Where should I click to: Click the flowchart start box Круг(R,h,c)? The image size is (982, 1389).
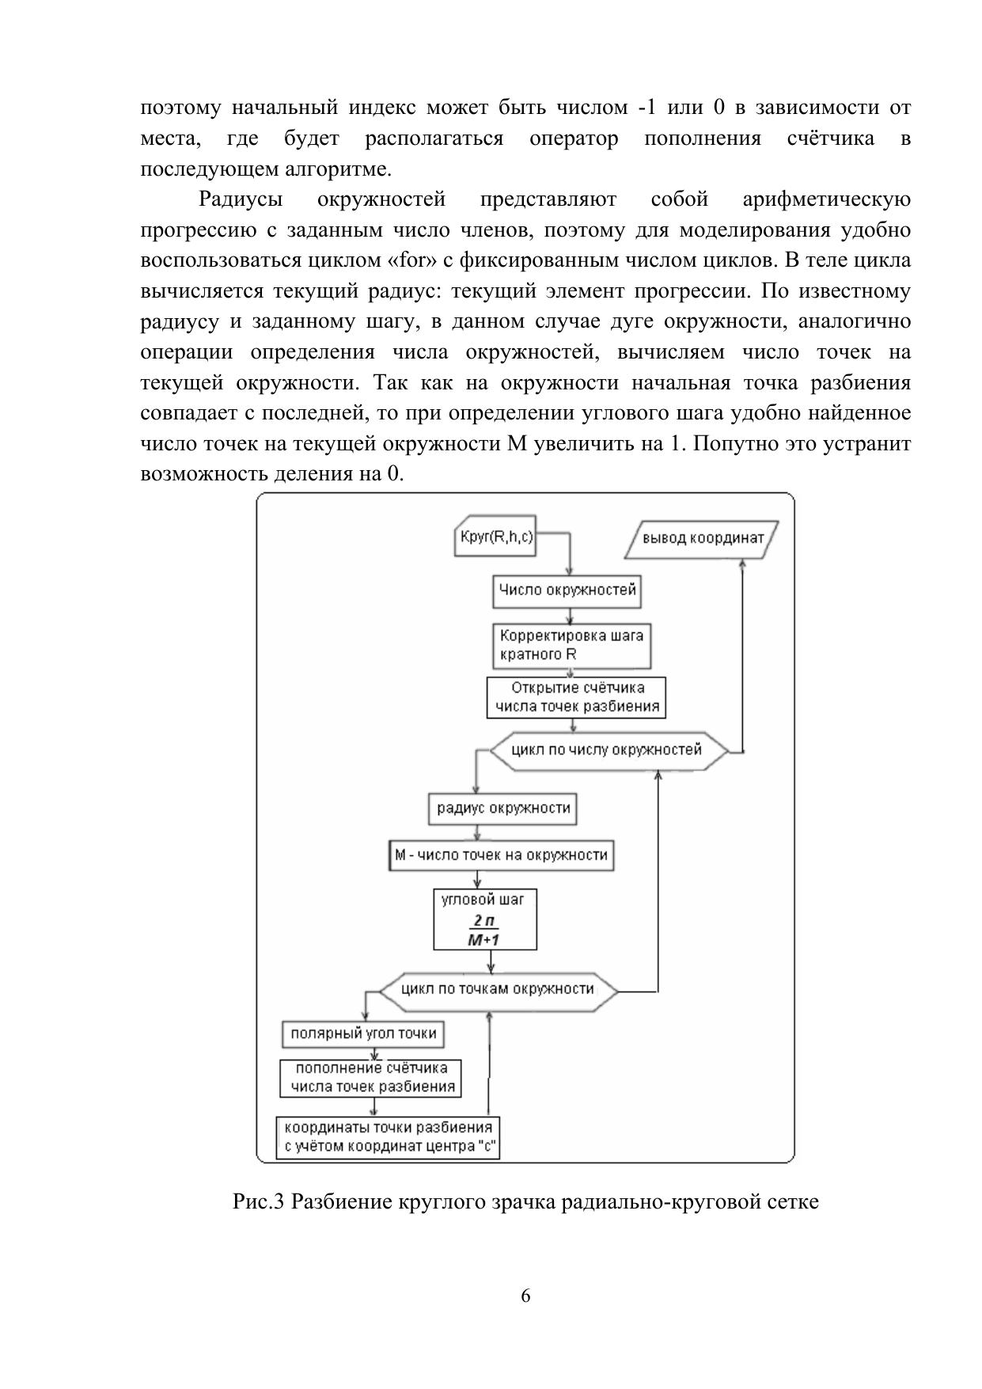coord(497,537)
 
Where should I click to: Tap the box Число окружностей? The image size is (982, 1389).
coord(567,590)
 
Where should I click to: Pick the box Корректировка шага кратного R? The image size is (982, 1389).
coord(572,646)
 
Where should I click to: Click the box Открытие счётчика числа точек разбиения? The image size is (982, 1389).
coord(577,697)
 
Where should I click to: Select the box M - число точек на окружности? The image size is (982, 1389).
coord(502,856)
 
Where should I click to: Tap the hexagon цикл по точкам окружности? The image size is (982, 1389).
coord(498,989)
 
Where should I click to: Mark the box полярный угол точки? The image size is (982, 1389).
coord(363,1034)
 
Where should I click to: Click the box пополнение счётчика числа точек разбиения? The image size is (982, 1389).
coord(371,1078)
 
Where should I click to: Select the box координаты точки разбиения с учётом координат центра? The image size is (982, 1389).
coord(389,1138)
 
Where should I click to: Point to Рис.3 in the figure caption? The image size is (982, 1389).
coord(258,1202)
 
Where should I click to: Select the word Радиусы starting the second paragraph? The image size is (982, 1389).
coord(241,199)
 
